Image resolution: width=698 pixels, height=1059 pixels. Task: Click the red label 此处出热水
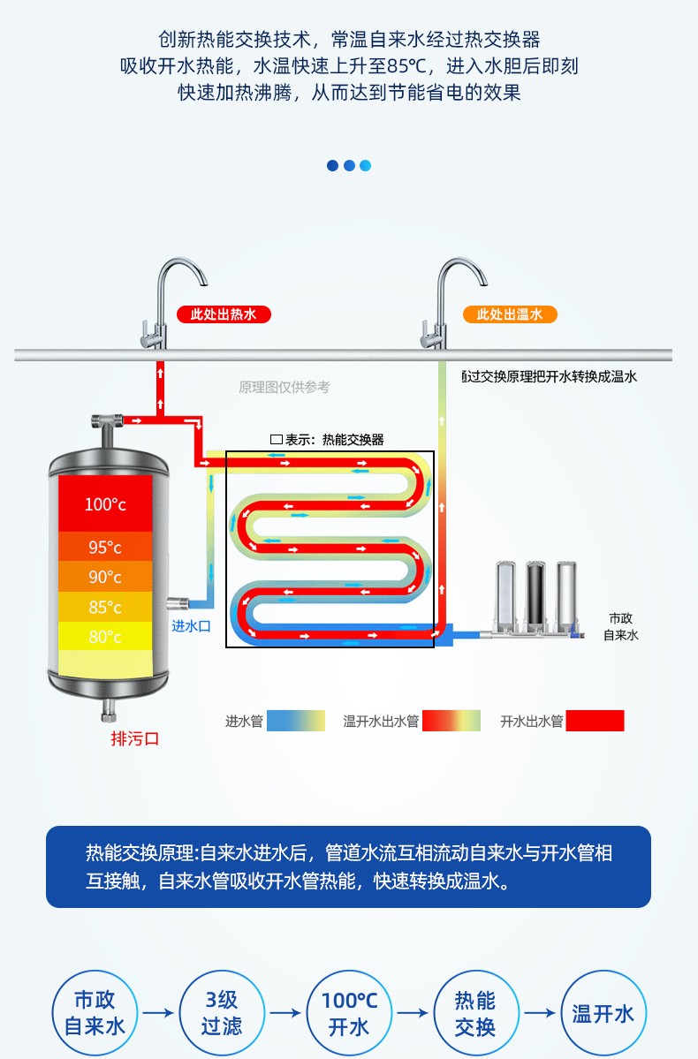pos(224,314)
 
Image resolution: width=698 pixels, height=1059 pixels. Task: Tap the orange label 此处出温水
pos(510,314)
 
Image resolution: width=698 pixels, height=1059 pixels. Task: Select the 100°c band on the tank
pos(106,504)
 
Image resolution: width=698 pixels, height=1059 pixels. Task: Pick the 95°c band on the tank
pos(106,547)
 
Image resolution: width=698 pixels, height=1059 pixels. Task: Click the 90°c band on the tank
pos(106,577)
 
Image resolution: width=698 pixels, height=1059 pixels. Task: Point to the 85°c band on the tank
pos(106,607)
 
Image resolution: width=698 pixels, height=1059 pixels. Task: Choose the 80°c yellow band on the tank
pos(106,636)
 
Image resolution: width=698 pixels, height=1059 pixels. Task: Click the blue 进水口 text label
pos(191,626)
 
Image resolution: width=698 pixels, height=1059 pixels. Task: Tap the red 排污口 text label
pos(134,738)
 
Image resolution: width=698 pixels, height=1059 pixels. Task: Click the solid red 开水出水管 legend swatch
pos(595,721)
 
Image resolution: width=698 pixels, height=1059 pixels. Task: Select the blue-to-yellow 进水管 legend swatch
pos(296,721)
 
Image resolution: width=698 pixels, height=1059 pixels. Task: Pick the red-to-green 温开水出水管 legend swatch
pos(451,721)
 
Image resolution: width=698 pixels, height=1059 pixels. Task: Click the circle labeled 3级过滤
pos(222,1013)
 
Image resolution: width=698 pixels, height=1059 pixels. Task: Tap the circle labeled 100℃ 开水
pos(349,1013)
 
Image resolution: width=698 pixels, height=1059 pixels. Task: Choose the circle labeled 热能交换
pos(475,1013)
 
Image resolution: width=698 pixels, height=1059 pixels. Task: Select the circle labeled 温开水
pos(603,1013)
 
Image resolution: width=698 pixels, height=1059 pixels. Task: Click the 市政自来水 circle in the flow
pos(95,1013)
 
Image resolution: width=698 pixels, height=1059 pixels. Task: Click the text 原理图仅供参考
pos(285,387)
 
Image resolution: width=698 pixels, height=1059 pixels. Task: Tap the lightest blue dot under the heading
pos(365,165)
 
